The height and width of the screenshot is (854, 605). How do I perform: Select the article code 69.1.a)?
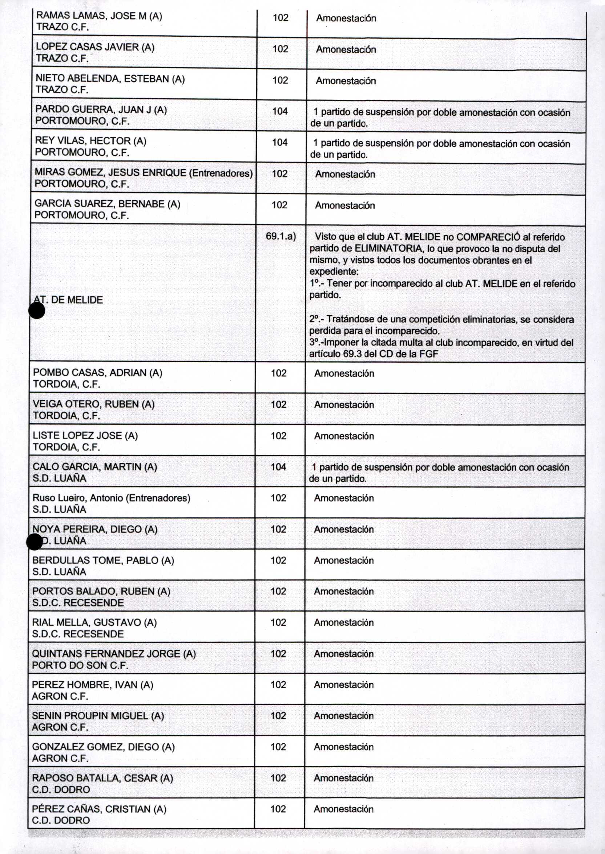pos(281,236)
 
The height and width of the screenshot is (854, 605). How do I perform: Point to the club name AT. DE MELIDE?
pos(68,300)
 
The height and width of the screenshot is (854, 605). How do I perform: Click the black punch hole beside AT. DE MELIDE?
pos(37,311)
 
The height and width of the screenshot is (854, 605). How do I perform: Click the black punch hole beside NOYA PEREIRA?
pos(35,542)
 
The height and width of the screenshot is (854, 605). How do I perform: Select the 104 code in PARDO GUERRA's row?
pos(280,111)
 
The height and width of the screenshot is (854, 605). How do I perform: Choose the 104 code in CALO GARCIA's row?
pos(278,467)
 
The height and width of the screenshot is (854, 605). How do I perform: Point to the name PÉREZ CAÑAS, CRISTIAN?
pos(99,809)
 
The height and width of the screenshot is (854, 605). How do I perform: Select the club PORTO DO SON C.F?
pos(80,665)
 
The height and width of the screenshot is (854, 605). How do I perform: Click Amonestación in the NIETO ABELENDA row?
pos(346,81)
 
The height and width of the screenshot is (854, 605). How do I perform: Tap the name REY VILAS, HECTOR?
pos(90,141)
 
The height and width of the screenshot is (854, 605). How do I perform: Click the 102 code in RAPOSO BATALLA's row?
pos(278,778)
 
